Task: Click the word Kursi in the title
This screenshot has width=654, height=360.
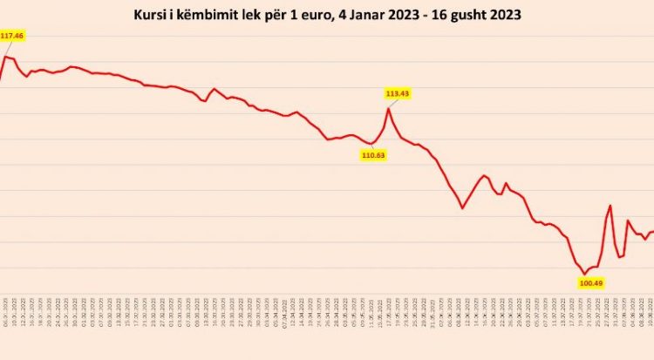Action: coord(152,16)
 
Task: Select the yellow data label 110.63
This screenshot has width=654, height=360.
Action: coord(373,154)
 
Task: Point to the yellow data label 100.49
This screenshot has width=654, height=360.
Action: coord(591,282)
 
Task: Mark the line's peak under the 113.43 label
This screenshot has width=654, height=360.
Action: coord(389,108)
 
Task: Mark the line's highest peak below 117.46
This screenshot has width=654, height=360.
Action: coord(8,57)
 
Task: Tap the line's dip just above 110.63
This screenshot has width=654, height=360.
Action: coord(372,143)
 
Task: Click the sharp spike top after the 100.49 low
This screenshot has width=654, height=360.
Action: coord(610,206)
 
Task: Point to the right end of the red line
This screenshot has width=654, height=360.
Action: coord(652,230)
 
